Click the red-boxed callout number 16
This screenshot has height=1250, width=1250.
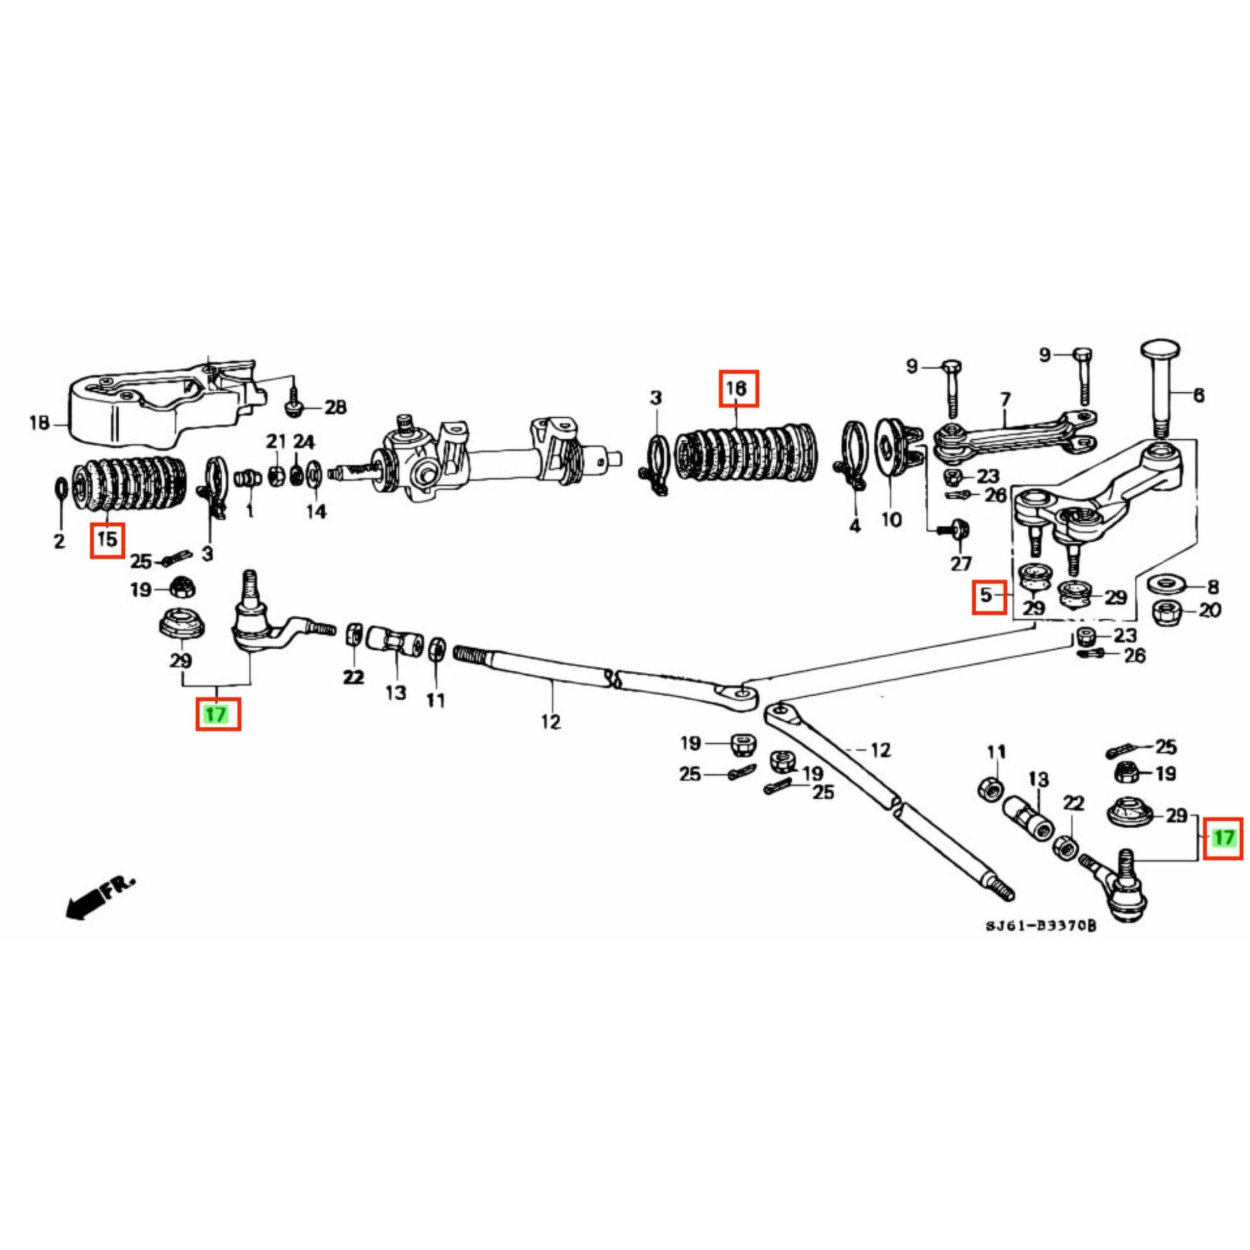point(738,388)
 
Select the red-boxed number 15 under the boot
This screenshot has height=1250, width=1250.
point(108,538)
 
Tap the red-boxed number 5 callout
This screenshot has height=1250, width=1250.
point(988,595)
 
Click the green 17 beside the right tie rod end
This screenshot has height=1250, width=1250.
point(1223,838)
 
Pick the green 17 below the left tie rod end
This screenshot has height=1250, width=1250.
point(218,714)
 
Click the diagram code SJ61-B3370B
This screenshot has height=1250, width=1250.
point(1041,944)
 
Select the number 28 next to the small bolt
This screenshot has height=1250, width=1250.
point(334,407)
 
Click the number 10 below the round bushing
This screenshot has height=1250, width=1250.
point(891,519)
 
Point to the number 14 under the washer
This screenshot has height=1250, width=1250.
point(316,511)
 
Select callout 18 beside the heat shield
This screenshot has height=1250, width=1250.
point(39,424)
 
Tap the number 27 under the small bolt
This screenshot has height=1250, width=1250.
point(961,564)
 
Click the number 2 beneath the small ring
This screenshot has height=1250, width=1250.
point(59,541)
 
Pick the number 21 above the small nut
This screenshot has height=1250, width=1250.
point(275,442)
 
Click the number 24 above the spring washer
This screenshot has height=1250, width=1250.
point(303,442)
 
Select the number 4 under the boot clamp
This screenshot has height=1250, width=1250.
point(855,526)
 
